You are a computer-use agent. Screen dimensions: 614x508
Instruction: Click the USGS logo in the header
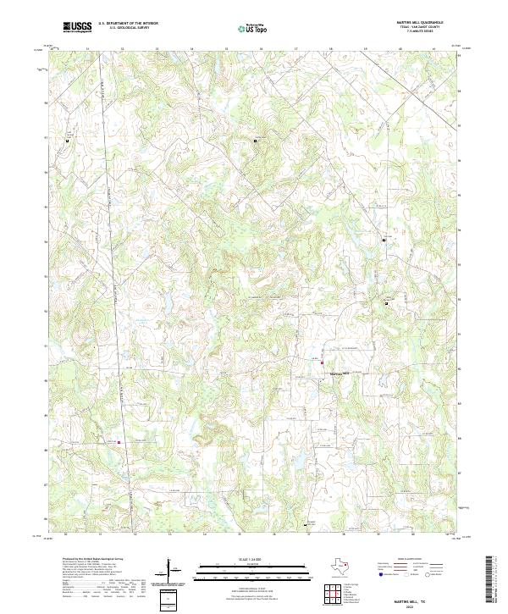click(x=78, y=27)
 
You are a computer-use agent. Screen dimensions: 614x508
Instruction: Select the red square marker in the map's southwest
click(x=119, y=441)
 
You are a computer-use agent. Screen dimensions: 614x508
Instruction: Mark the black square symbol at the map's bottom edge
click(x=305, y=525)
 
